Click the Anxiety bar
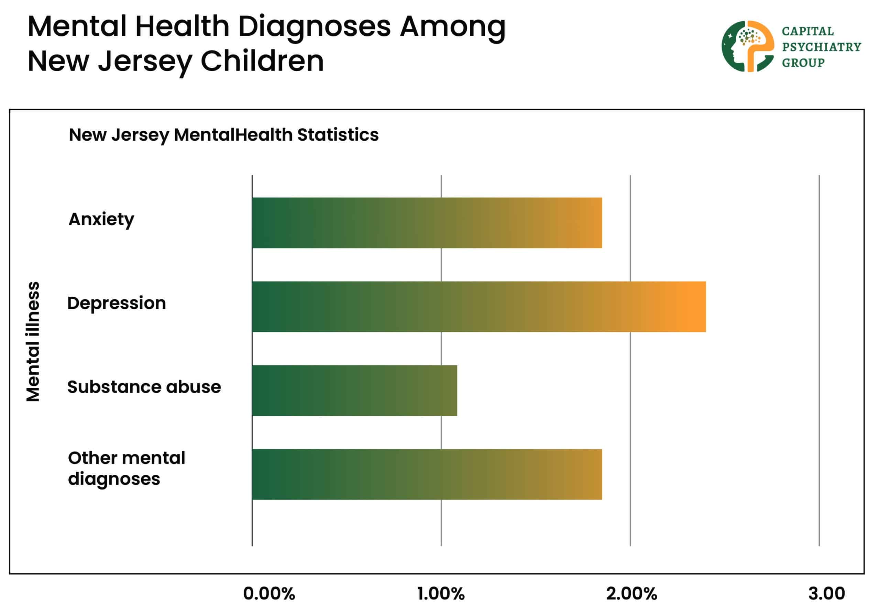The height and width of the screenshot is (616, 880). [427, 223]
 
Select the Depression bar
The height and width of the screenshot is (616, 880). [479, 307]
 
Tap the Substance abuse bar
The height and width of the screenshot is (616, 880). [354, 390]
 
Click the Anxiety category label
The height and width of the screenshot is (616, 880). [101, 220]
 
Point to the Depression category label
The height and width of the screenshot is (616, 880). [117, 303]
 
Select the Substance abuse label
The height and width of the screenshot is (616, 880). [144, 387]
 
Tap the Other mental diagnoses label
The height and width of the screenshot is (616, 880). [126, 469]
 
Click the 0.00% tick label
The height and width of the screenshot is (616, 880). [269, 594]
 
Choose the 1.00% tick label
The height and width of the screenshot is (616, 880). [441, 594]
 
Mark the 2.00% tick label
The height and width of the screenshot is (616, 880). [631, 594]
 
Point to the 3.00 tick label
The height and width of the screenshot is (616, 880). [826, 594]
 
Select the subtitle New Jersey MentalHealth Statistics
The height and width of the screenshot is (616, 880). [223, 135]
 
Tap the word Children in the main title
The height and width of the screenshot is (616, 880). [262, 61]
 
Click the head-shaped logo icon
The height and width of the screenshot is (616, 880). [747, 46]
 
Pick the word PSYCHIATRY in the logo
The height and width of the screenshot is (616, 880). [821, 47]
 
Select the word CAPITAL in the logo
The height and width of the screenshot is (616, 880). [807, 31]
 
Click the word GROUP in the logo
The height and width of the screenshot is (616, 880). [803, 63]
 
